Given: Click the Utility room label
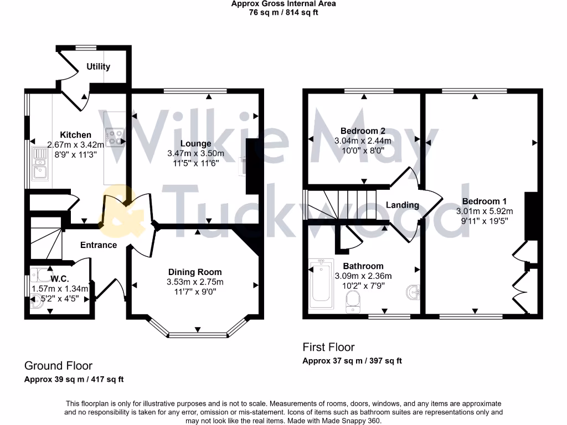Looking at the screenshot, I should (x=98, y=67).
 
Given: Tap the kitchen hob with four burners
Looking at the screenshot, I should (x=115, y=137).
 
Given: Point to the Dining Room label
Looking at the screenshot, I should (x=195, y=272).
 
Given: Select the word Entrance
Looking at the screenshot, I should (x=99, y=245).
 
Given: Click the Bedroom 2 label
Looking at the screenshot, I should (x=363, y=131).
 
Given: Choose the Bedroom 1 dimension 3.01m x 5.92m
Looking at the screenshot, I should (x=484, y=211).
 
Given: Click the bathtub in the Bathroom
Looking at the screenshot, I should (x=321, y=283).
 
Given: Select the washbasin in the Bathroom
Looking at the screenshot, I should (x=413, y=292).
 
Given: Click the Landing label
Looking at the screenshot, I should (x=402, y=205).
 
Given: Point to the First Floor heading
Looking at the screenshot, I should (x=328, y=347).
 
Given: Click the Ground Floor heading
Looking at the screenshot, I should (x=58, y=366).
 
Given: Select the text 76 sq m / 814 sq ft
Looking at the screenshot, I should (x=283, y=12).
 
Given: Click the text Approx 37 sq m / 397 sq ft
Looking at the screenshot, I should (x=352, y=361).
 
